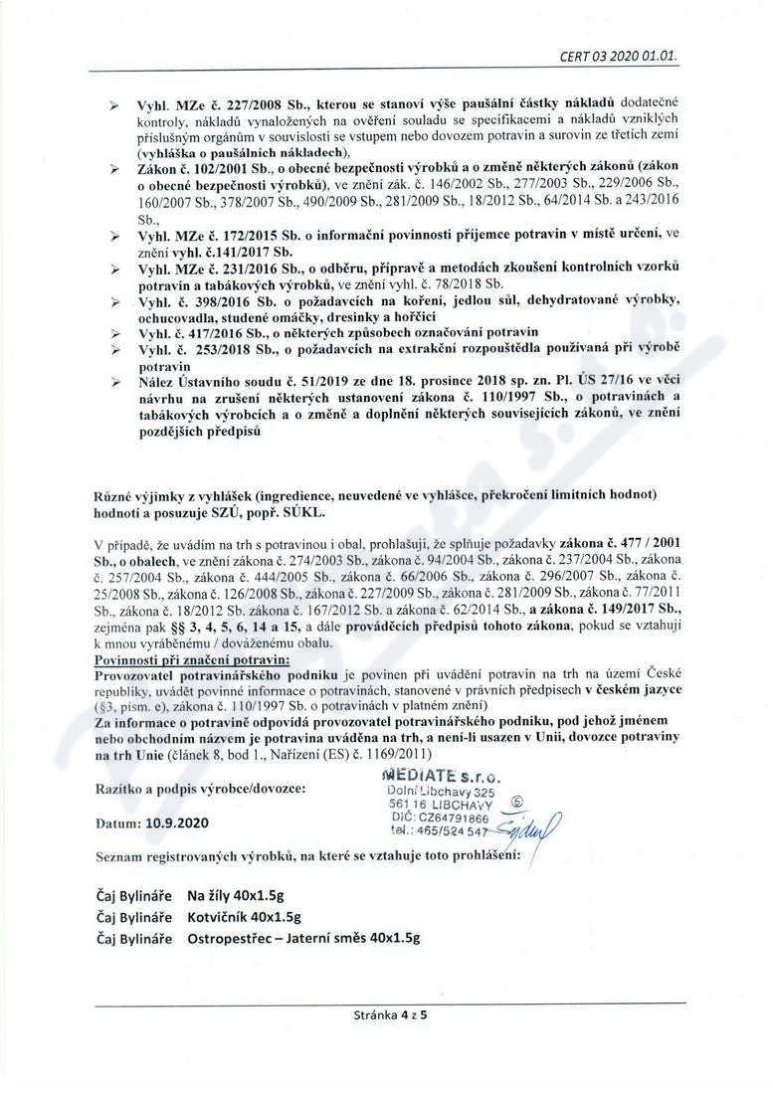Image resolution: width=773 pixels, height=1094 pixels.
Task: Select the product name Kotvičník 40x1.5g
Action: pos(245,917)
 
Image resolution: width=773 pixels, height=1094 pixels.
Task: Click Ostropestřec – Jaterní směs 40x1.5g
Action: pos(303,937)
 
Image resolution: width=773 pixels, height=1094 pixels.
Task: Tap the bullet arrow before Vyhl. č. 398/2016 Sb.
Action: pos(114,299)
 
